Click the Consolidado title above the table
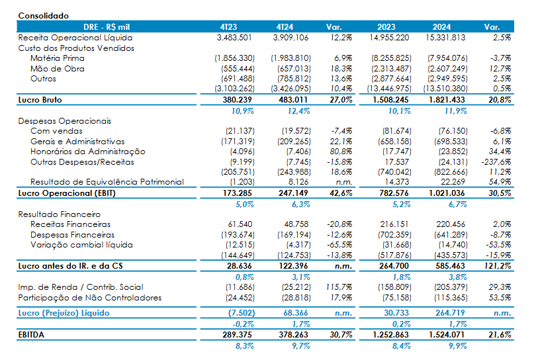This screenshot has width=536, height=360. pos(44,16)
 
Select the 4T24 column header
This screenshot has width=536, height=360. pos(285,27)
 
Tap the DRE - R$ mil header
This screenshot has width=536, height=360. pos(107,27)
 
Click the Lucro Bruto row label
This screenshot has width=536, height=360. pos(40,100)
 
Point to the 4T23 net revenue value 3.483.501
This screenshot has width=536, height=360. pos(234,38)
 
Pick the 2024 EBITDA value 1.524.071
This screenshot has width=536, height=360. pos(447,335)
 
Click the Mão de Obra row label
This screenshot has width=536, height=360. pos(58,69)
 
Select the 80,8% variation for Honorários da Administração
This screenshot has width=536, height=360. pos(341,152)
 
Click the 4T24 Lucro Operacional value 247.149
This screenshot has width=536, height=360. pos(293,193)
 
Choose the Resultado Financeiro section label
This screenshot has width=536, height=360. pos(60,214)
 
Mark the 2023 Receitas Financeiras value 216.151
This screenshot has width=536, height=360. pos(394,224)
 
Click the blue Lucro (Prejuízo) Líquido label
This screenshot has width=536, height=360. pos(64,313)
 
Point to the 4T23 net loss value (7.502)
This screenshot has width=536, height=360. pos(242,313)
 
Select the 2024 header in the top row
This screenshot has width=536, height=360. pos(441,27)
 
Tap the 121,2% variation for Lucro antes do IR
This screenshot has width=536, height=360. pos(498,266)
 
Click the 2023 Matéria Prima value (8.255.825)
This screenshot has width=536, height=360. pos(391,58)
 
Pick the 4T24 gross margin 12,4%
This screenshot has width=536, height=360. pos(298,111)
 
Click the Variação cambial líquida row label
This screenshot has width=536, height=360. pos(81,245)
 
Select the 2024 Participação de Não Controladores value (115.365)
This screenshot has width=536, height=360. pos(451,298)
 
